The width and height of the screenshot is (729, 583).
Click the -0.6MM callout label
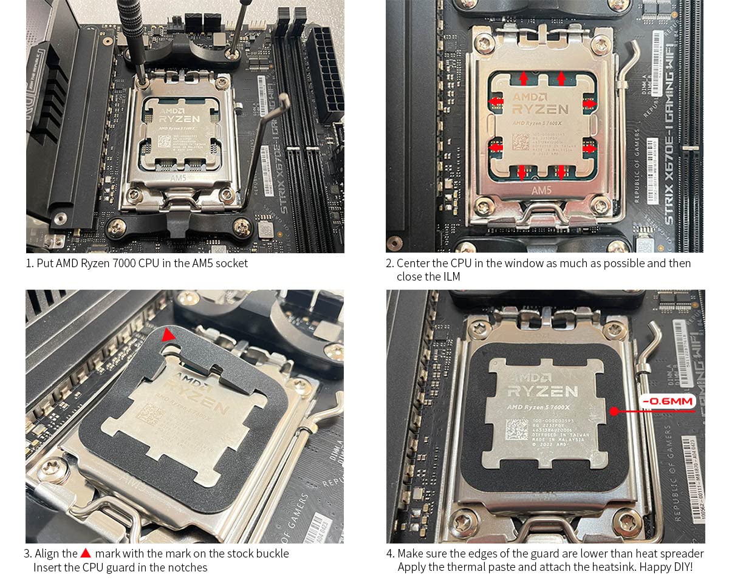tap(668, 401)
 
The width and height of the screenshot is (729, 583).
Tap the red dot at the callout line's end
tap(614, 411)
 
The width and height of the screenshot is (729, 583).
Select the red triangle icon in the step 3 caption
tap(86, 553)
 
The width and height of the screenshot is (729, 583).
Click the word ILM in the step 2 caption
tap(451, 277)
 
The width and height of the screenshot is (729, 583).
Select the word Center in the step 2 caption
tap(412, 263)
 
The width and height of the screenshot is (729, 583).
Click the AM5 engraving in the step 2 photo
tap(541, 190)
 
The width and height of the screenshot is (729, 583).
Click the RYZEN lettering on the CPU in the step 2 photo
tap(539, 109)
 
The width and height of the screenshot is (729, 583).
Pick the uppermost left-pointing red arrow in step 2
tap(497, 101)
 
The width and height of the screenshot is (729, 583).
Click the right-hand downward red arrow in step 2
tap(562, 172)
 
